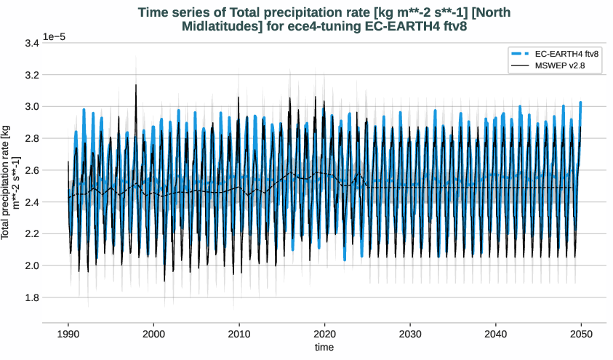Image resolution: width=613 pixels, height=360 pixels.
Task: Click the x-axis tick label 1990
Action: click(x=68, y=332)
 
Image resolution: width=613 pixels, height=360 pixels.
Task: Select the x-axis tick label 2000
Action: click(x=153, y=332)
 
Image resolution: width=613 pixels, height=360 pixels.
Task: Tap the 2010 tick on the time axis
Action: click(x=239, y=332)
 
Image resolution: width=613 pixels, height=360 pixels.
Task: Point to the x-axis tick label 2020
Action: click(x=324, y=332)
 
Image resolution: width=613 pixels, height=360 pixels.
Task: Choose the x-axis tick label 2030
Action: click(x=410, y=332)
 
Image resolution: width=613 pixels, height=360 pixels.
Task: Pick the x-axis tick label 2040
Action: click(x=496, y=332)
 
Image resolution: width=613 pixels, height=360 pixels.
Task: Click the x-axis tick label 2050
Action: click(x=581, y=332)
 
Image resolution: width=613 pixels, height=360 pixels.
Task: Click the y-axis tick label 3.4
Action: click(x=31, y=44)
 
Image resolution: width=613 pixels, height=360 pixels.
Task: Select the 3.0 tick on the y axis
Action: click(x=31, y=107)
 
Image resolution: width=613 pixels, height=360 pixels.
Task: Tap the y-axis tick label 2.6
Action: click(x=31, y=170)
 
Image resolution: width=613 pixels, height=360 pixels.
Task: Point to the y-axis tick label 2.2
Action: click(x=31, y=234)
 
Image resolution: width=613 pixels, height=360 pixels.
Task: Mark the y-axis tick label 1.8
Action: click(x=31, y=297)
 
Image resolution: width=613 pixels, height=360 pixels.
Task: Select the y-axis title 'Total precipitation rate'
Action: click(x=11, y=182)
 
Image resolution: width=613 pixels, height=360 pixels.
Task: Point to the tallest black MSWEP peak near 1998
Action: click(x=135, y=85)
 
